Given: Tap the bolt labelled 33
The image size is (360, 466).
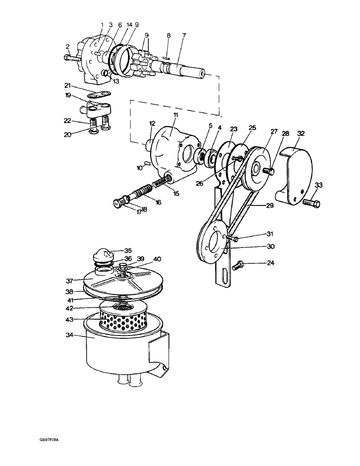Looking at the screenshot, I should (x=310, y=203).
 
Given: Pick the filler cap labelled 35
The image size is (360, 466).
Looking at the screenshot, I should (x=101, y=256).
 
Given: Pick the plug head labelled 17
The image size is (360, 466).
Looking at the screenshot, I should (x=118, y=202).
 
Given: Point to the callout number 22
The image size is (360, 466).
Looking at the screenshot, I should (x=67, y=120).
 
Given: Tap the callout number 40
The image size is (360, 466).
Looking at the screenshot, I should (x=157, y=259).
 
